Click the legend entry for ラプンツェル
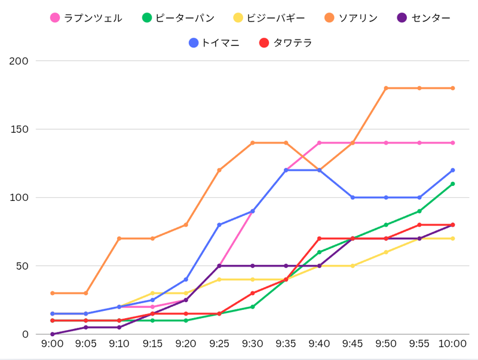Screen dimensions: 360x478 [x=87, y=18]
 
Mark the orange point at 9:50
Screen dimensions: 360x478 [x=386, y=88]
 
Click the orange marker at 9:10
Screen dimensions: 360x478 [x=119, y=239]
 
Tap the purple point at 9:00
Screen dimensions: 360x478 [x=53, y=334]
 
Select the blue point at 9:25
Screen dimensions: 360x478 [x=219, y=225]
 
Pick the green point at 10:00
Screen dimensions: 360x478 [x=453, y=184]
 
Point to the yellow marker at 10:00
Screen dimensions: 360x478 [x=453, y=239]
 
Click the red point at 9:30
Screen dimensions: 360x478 [x=253, y=293]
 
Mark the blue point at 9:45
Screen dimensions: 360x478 [x=353, y=197]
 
